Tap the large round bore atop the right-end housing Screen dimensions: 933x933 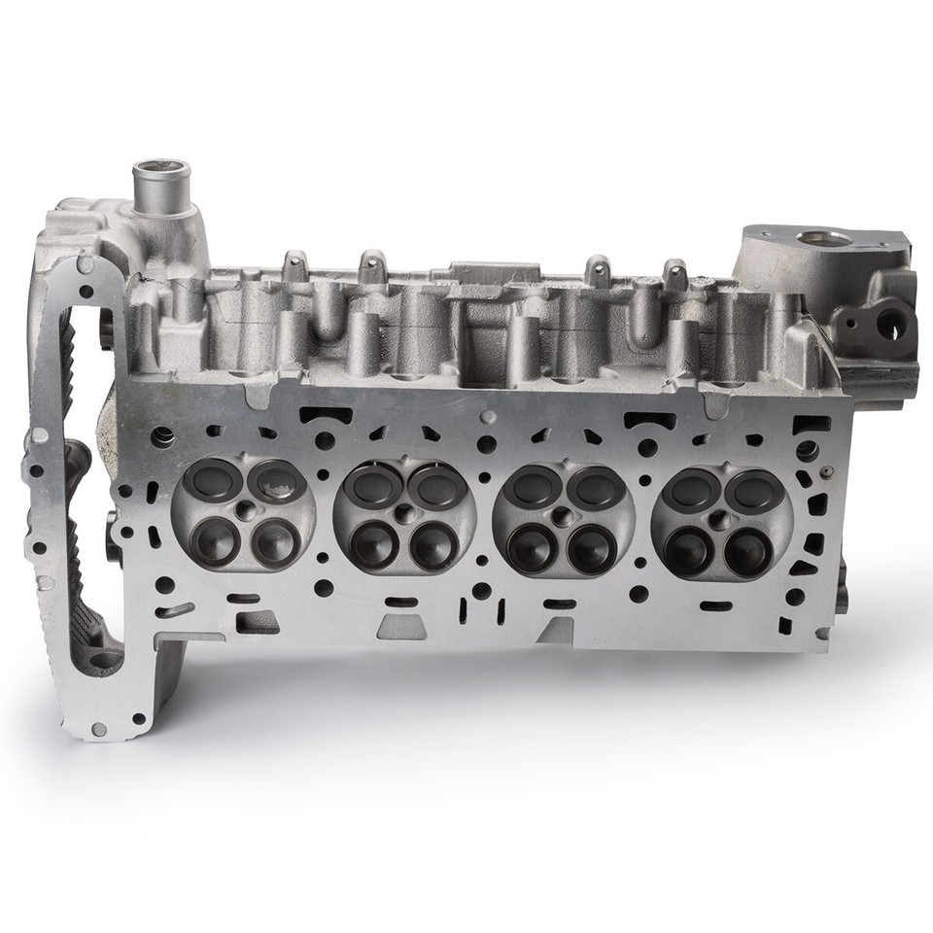pos(813,238)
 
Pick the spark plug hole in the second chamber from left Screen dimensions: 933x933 pos(402,512)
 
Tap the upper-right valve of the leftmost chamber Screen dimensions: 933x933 pos(274,480)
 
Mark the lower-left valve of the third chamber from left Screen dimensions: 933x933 pos(533,547)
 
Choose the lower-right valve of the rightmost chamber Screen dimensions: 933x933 pos(746,551)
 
